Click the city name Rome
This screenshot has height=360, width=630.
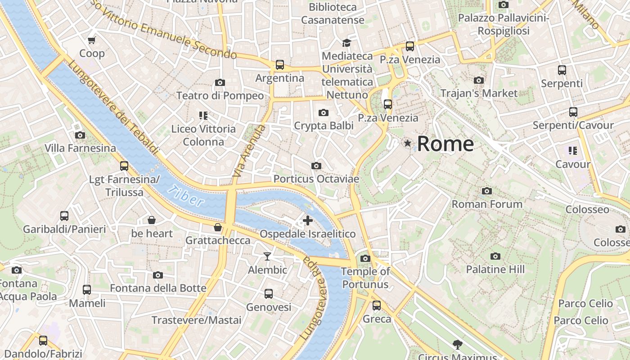pos(445,144)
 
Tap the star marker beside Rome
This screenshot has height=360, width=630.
pos(408,143)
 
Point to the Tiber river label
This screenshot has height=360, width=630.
pos(186,196)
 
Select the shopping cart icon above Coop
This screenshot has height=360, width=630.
pos(92,40)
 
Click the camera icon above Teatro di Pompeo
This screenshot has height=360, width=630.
pos(220,82)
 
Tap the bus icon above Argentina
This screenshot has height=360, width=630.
pos(280,65)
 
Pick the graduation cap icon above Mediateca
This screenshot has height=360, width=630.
pos(346,43)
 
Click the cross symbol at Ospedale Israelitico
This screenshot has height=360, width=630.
pos(308,220)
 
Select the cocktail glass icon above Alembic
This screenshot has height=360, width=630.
pos(267,256)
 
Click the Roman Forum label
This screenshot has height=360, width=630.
pos(487,204)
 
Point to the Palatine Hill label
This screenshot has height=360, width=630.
pos(495,269)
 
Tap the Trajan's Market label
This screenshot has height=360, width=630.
pos(479,93)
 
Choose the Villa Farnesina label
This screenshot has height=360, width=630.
pos(80,148)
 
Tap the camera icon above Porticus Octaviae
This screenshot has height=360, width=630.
pos(316,166)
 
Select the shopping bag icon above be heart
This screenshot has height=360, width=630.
pos(152,220)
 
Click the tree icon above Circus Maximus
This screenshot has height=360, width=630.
pos(458,345)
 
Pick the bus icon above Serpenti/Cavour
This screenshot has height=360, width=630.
pos(573,112)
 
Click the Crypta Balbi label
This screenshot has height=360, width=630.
pos(324,126)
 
